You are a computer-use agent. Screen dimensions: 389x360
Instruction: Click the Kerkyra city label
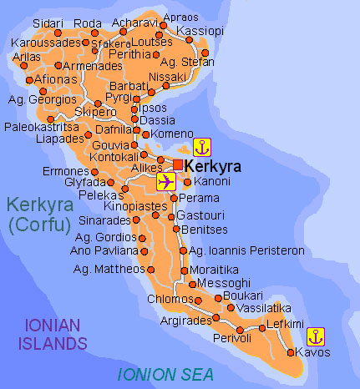point(213,165)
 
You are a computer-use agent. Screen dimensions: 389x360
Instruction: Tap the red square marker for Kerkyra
point(178,163)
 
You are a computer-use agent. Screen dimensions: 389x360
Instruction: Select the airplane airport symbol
point(166,181)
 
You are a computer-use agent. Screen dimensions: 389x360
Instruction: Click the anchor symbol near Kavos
point(314,336)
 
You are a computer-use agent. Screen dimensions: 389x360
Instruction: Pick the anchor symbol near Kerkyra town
point(201,148)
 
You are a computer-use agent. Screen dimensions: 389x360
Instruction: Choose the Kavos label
point(313,352)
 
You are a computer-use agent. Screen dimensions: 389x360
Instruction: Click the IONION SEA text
point(165,373)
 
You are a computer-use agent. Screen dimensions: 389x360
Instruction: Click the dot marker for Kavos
point(290,352)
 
